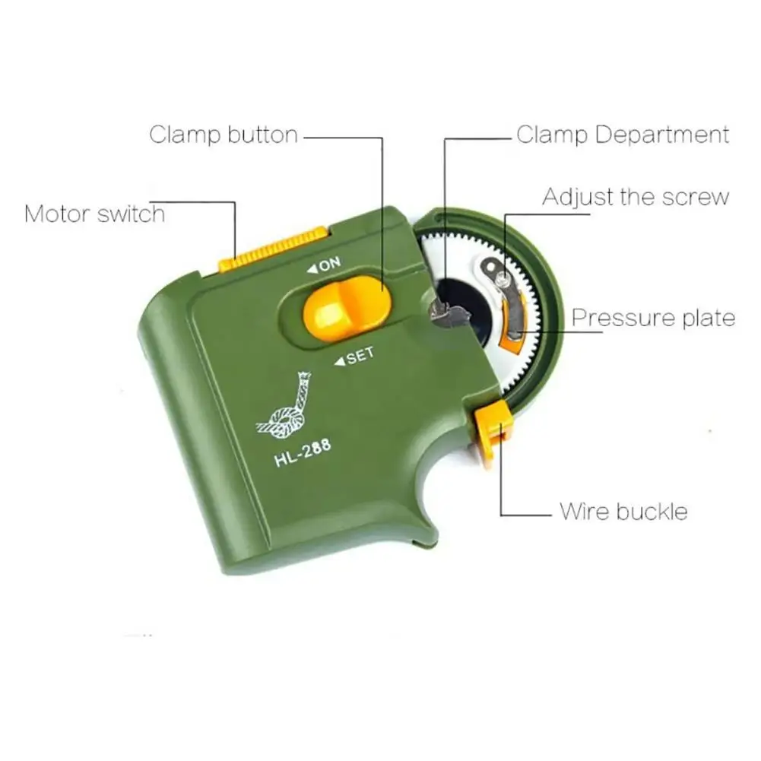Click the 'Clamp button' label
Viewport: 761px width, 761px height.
[223, 135]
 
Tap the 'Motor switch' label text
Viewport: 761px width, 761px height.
[94, 213]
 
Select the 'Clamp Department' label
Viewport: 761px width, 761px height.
[623, 135]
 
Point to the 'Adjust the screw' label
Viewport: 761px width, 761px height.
[636, 197]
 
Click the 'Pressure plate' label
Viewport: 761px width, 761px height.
[653, 317]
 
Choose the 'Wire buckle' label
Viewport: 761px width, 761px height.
[623, 510]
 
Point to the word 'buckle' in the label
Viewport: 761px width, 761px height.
[652, 510]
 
